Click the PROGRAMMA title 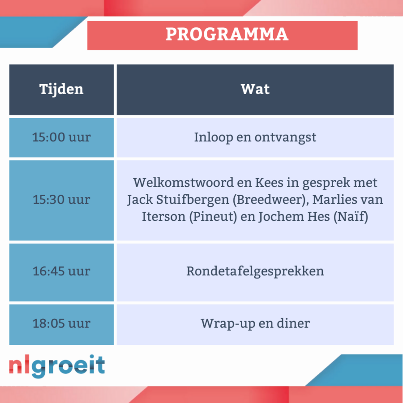227,34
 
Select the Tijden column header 61,90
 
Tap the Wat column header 255,89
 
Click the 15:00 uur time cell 61,137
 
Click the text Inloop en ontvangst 255,137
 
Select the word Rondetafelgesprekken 255,272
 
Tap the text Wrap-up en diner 255,324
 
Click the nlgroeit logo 57,366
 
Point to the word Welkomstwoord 183,183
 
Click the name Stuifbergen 193,200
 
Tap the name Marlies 332,199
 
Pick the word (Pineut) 213,217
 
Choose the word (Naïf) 351,217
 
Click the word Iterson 164,217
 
